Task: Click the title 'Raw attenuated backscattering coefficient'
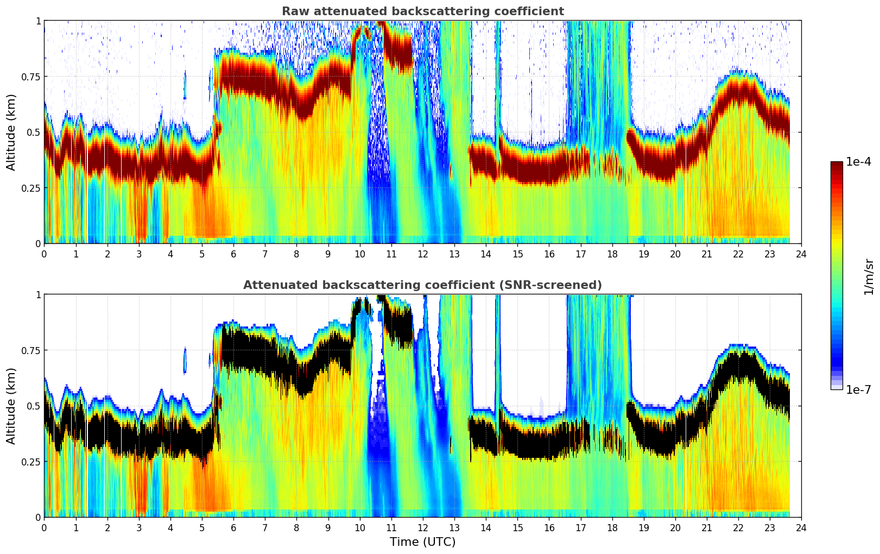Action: (422, 11)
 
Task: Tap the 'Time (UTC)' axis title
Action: (422, 542)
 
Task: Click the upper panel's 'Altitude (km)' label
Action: (11, 132)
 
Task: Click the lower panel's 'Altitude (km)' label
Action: (11, 406)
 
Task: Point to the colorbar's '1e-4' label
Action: (859, 162)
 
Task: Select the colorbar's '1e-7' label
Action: (859, 389)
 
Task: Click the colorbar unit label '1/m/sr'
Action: (869, 276)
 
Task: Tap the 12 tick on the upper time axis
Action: (423, 254)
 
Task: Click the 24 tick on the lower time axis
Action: (801, 527)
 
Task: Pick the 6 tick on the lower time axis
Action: (233, 527)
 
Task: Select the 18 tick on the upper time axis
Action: (612, 254)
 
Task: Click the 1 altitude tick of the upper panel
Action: (38, 21)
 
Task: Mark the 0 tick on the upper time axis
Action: (44, 254)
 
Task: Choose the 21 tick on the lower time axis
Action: (706, 527)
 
